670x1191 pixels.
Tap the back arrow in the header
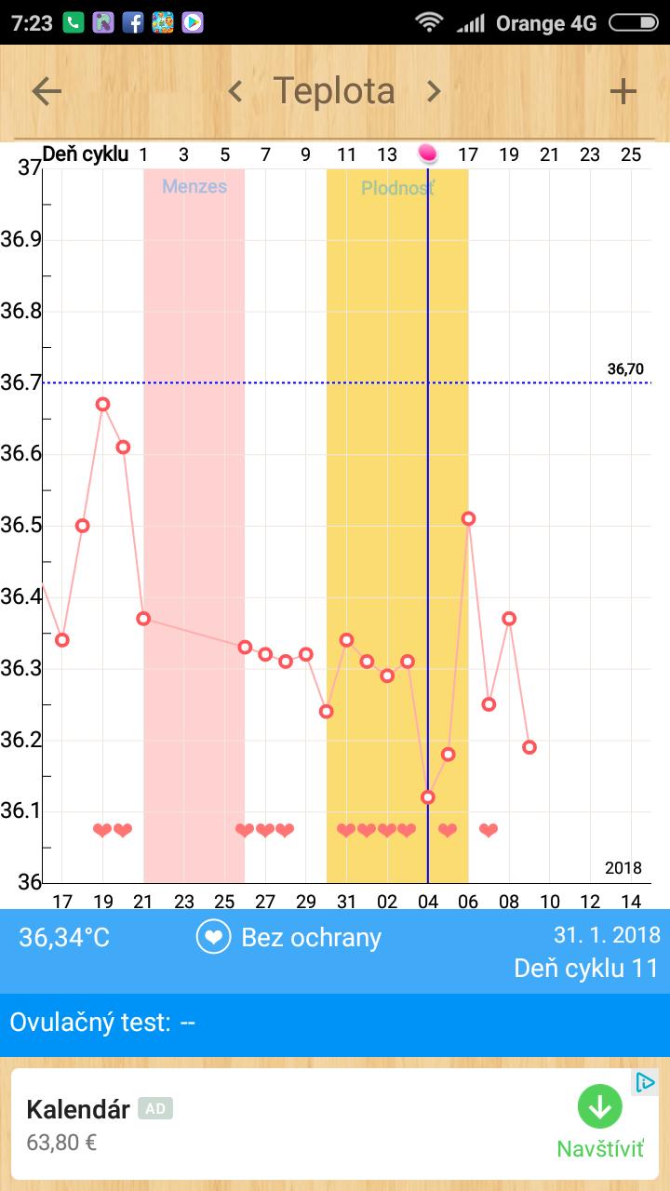click(x=47, y=91)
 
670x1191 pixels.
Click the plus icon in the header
click(x=623, y=91)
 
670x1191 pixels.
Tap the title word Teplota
click(x=334, y=91)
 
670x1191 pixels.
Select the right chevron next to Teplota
click(x=434, y=91)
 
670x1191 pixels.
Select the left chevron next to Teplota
click(x=235, y=91)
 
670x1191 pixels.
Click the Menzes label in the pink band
click(x=194, y=186)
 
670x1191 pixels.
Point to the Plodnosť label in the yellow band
click(x=397, y=188)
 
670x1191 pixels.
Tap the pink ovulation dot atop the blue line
click(x=428, y=153)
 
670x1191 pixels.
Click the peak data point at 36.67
click(x=103, y=404)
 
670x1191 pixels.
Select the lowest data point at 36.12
click(x=428, y=797)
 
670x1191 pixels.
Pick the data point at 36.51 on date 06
click(x=468, y=518)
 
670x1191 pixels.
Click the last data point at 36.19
click(x=529, y=747)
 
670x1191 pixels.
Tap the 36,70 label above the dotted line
click(x=625, y=369)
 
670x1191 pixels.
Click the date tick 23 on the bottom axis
click(x=184, y=902)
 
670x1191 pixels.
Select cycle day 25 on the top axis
click(x=631, y=154)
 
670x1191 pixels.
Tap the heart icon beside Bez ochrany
click(x=213, y=937)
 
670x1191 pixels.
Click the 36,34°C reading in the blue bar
click(x=64, y=937)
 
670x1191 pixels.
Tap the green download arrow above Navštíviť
click(x=600, y=1107)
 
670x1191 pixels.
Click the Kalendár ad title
click(x=78, y=1109)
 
